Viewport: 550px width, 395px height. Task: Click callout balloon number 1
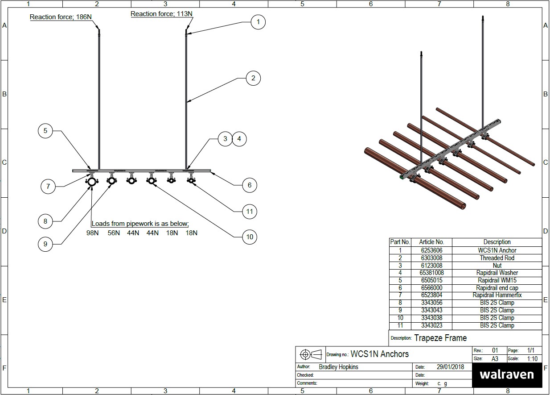258,22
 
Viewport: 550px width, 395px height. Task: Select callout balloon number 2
253,78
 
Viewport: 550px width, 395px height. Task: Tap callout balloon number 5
45,131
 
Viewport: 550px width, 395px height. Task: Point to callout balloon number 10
249,237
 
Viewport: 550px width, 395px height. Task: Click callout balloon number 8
45,221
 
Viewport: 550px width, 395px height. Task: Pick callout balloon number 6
249,185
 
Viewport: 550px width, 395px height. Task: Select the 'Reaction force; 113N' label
161,14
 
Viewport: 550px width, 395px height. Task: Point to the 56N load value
114,233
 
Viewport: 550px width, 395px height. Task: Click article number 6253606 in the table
431,250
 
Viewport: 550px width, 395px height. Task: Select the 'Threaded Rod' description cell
497,258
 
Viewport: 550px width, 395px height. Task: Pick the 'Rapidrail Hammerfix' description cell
497,295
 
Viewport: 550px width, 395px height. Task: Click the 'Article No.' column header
431,242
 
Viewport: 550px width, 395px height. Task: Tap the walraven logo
506,374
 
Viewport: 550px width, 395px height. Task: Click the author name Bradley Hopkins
338,367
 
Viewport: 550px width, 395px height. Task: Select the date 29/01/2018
450,367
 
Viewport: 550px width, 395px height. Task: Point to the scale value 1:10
532,358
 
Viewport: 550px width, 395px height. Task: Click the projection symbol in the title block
310,354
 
